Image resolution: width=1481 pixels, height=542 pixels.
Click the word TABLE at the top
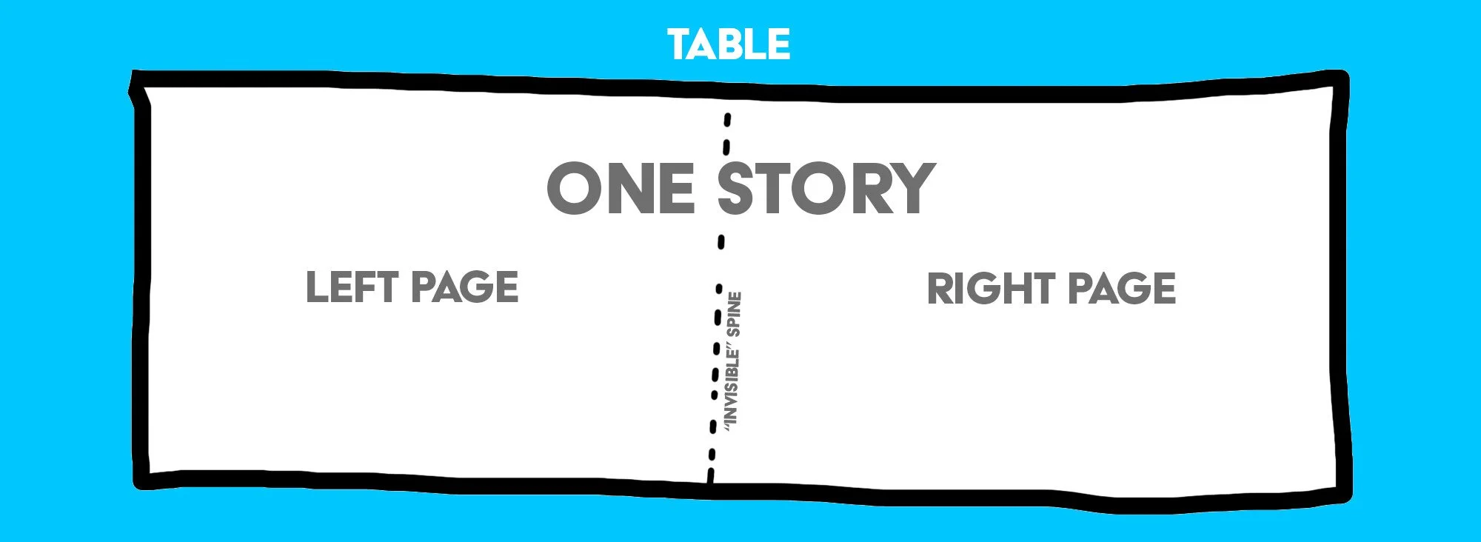pos(729,44)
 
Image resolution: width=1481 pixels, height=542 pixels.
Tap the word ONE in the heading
pos(621,189)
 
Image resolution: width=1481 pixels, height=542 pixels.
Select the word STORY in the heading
pos(826,189)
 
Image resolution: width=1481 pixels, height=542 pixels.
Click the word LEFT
pos(352,287)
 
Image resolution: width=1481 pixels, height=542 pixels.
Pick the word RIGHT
pos(991,289)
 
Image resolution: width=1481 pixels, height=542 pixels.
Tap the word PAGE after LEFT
pos(465,287)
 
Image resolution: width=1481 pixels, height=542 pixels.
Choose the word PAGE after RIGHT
pos(1122,289)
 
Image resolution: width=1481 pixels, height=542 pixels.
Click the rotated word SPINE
pos(734,314)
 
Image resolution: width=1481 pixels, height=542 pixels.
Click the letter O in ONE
pos(574,189)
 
